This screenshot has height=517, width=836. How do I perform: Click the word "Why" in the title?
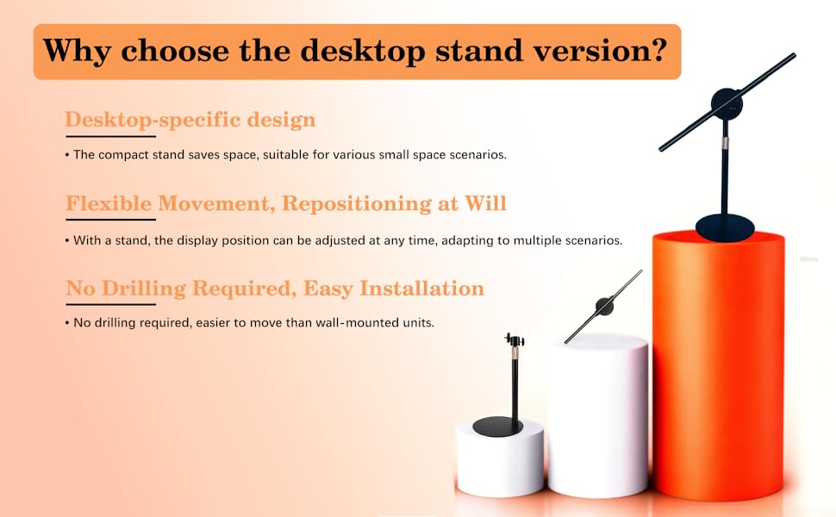(77, 51)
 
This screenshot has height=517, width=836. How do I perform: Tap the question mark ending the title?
(659, 50)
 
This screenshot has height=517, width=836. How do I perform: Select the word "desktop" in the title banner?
(363, 51)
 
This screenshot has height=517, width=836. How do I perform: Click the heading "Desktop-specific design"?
(190, 120)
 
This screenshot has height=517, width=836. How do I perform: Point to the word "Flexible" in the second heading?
(109, 203)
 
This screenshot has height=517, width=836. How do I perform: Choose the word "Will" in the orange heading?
(485, 203)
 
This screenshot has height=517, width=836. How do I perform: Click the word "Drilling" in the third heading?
(144, 289)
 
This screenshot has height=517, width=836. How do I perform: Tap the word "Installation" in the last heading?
(421, 289)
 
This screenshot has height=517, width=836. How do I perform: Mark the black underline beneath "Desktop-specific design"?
(110, 136)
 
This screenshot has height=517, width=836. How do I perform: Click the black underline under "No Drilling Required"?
(111, 304)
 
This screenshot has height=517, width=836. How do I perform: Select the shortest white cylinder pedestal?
(500, 458)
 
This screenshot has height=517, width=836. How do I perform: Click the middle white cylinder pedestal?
(598, 415)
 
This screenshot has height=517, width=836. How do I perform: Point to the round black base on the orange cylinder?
(725, 227)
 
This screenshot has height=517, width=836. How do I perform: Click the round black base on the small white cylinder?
(498, 427)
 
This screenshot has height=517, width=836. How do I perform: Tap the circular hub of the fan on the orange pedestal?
(727, 103)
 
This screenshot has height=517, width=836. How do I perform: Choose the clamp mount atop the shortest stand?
(515, 339)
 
